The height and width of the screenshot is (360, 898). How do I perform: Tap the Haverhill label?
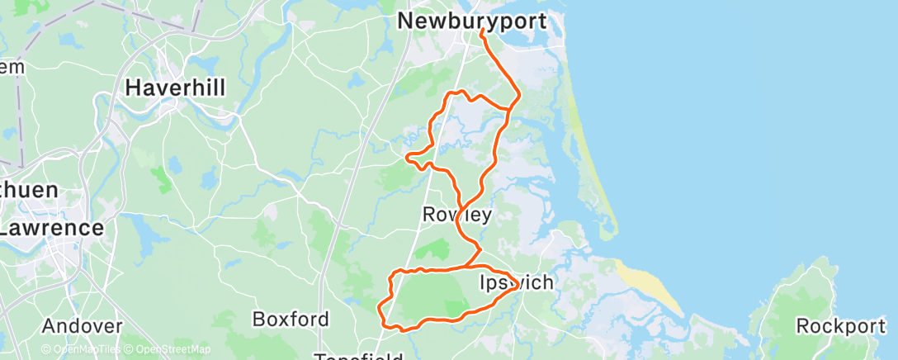[175, 87]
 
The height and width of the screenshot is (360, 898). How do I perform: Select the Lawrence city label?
[51, 227]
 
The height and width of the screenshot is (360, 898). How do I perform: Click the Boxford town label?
[291, 319]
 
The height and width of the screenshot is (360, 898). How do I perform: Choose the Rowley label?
[456, 215]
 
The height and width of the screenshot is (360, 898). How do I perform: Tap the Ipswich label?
[517, 283]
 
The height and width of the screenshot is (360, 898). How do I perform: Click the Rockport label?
[840, 325]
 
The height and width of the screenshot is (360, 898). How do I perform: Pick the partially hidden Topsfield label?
[357, 356]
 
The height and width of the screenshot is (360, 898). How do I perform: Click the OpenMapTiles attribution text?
[86, 349]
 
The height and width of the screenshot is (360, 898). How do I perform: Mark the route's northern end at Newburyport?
[480, 31]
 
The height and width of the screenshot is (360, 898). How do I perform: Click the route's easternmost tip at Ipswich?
[518, 287]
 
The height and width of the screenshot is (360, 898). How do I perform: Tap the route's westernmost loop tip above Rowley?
[408, 155]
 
